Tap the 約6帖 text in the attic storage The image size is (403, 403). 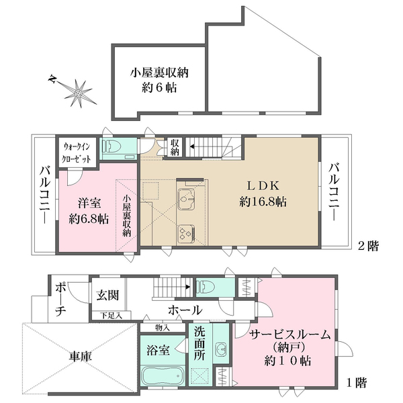(159, 87)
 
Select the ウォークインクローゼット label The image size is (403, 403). (80, 151)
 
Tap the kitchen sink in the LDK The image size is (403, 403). (186, 198)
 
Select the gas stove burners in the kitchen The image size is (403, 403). (185, 232)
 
